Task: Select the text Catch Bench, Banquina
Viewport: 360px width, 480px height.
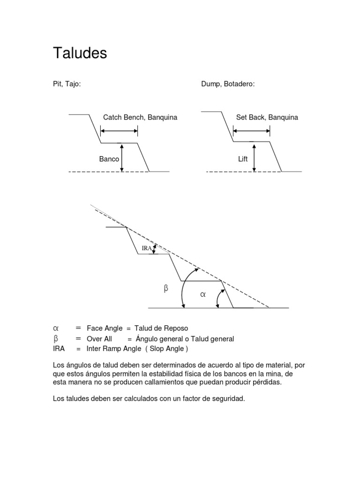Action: click(140, 117)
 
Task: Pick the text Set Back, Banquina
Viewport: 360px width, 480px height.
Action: click(267, 117)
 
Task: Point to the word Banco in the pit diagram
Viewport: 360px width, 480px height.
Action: click(109, 159)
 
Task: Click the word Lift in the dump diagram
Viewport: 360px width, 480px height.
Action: click(243, 159)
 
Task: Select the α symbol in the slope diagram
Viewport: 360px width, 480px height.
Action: click(202, 295)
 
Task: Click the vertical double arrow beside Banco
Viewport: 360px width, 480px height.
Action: click(122, 157)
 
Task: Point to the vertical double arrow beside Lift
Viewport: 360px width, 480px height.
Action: click(255, 157)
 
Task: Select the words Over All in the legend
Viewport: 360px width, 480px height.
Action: click(99, 338)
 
